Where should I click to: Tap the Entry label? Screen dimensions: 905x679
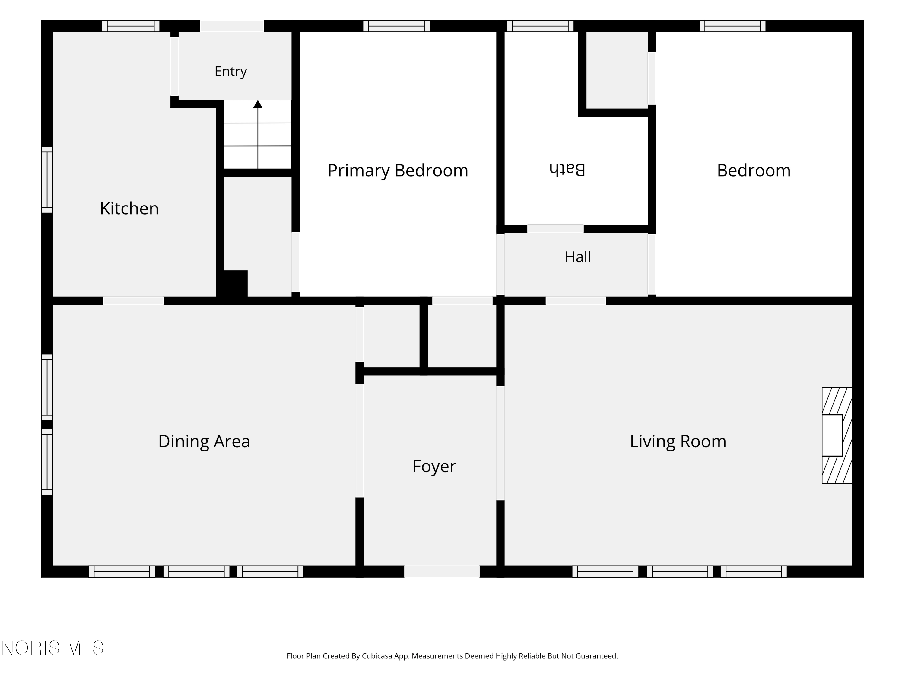pos(231,71)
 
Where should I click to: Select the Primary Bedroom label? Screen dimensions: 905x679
pos(398,171)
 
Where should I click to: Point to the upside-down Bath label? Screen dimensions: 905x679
pos(567,169)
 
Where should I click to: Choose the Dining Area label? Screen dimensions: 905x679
pos(204,441)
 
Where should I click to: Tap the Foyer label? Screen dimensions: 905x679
pos(434,467)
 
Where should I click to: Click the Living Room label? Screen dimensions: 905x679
pos(678,441)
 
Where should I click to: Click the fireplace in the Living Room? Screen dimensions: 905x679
pos(837,435)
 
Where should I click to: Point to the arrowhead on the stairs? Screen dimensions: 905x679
pos(258,104)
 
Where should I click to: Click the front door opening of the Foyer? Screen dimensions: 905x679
pos(442,571)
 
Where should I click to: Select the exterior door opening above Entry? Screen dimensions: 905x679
pos(232,26)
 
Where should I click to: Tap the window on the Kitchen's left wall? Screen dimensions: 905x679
pos(47,180)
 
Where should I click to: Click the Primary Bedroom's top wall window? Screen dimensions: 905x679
pos(396,26)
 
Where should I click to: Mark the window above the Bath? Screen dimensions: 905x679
pos(540,26)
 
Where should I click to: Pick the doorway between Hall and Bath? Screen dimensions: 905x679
pos(555,229)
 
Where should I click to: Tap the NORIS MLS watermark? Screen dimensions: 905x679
pos(52,648)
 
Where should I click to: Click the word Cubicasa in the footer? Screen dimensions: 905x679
pos(377,656)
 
